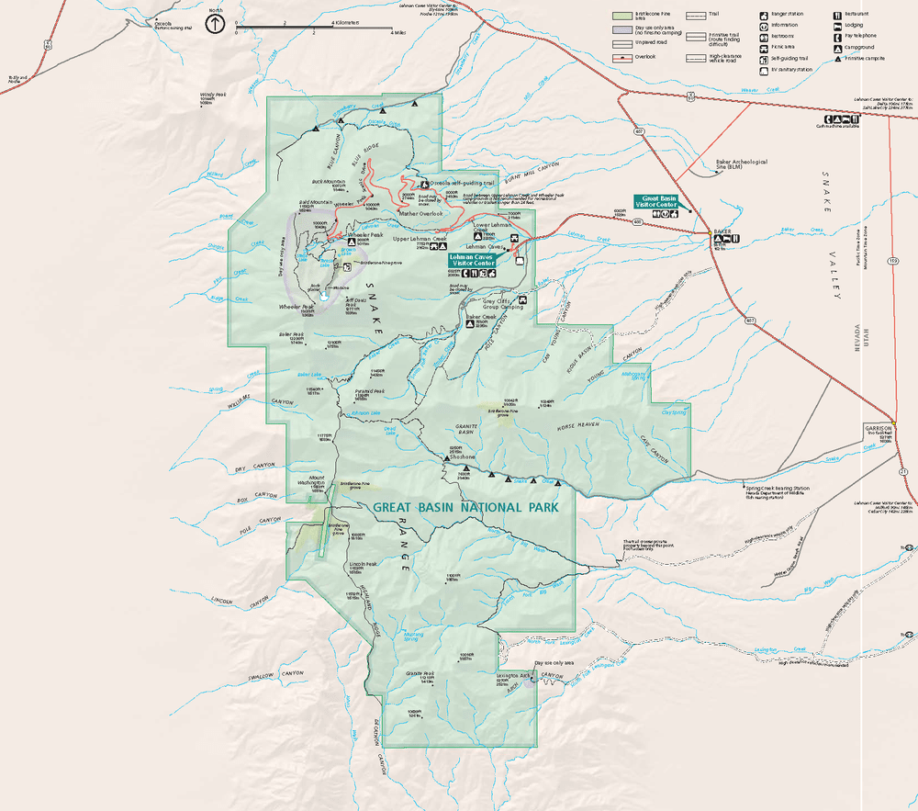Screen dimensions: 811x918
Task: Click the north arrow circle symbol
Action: click(x=216, y=22)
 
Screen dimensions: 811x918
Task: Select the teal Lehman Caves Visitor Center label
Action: click(x=473, y=260)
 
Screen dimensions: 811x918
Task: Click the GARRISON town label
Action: click(x=878, y=429)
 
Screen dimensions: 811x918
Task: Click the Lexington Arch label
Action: click(x=513, y=676)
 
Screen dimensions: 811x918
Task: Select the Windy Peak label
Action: click(x=213, y=94)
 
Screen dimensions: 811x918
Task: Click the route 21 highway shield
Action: click(x=903, y=472)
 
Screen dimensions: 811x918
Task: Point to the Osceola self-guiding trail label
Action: click(x=460, y=182)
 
